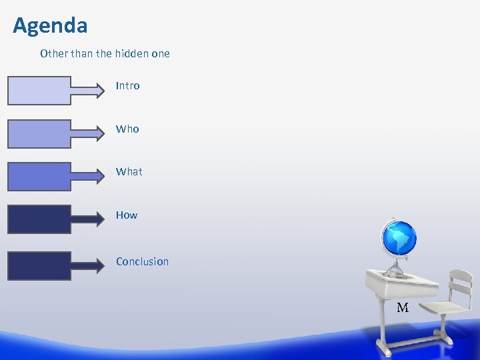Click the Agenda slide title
(50, 25)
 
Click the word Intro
(127, 86)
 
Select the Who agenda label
(127, 129)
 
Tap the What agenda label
(129, 172)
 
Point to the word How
(126, 215)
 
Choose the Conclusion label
(142, 261)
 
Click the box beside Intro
(39, 91)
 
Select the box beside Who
(39, 133)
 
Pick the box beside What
(39, 177)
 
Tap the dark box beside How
(39, 219)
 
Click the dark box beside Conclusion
(39, 265)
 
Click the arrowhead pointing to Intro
(100, 91)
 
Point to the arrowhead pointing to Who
(100, 133)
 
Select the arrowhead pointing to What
(100, 177)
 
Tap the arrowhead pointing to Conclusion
(100, 265)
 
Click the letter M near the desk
(403, 308)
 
